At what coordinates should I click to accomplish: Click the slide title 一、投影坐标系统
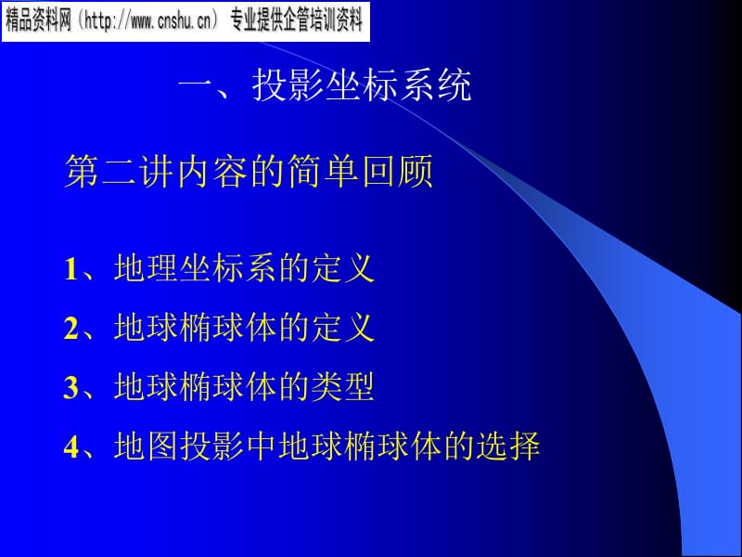[x=325, y=85]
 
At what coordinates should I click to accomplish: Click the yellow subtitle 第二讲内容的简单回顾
[x=249, y=171]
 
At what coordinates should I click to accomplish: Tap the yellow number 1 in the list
[x=70, y=269]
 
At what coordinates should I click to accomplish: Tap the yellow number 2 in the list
[x=70, y=328]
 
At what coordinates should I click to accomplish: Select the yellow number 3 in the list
[x=70, y=387]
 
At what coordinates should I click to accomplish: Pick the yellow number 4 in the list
[x=70, y=447]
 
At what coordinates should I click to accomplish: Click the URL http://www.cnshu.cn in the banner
[x=147, y=21]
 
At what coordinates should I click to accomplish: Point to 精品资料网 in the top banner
[x=38, y=21]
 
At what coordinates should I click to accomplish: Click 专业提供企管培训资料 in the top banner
[x=296, y=21]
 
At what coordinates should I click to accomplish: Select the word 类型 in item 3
[x=342, y=386]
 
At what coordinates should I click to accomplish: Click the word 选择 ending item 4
[x=507, y=446]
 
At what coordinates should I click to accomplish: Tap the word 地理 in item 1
[x=146, y=268]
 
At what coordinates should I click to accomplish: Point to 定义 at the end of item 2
[x=342, y=328]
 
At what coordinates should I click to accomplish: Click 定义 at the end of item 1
[x=342, y=268]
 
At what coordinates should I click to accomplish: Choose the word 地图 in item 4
[x=146, y=446]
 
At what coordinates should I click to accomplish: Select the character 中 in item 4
[x=261, y=446]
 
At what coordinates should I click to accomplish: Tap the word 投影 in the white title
[x=288, y=85]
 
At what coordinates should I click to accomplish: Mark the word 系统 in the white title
[x=436, y=85]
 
